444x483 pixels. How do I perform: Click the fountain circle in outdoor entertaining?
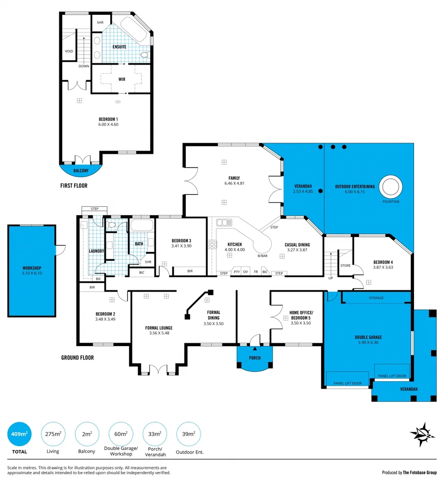click(390, 186)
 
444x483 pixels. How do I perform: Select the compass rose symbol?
click(422, 434)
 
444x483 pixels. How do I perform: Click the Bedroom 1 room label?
click(108, 119)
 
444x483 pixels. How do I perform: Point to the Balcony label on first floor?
click(81, 171)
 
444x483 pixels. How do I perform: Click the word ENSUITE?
click(120, 47)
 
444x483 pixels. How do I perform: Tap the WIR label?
click(122, 80)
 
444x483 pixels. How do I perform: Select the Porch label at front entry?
click(255, 358)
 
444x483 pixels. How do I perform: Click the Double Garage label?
click(368, 337)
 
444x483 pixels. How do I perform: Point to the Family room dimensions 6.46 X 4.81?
click(234, 183)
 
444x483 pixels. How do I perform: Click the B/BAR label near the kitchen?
click(262, 256)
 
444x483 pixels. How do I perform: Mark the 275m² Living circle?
click(53, 434)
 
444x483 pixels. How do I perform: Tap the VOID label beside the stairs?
click(69, 51)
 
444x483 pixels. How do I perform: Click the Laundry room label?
click(97, 251)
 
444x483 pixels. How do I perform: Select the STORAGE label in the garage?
click(376, 298)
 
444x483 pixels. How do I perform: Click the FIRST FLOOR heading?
click(74, 185)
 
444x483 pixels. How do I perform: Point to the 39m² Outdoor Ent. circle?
click(188, 434)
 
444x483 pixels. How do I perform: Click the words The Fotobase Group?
click(419, 472)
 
